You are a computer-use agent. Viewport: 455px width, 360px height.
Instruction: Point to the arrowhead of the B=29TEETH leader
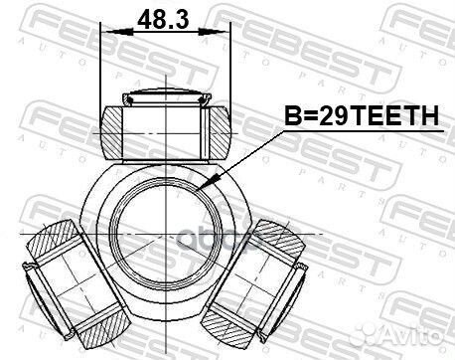202,186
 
